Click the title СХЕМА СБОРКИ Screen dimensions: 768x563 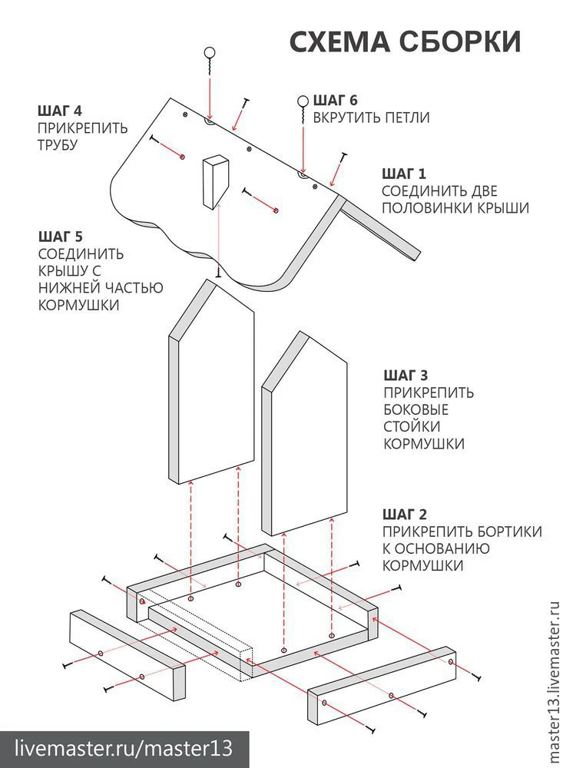coord(405,41)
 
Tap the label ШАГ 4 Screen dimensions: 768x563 coord(61,108)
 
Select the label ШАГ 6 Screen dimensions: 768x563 coord(336,100)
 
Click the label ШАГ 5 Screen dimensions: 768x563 coord(61,236)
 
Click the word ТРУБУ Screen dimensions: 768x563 coord(58,144)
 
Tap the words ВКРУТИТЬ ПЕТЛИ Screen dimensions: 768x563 coord(370,118)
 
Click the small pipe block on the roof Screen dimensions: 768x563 coord(216,182)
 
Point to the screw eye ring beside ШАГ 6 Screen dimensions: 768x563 coord(303,101)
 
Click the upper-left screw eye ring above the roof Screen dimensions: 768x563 coord(209,53)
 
